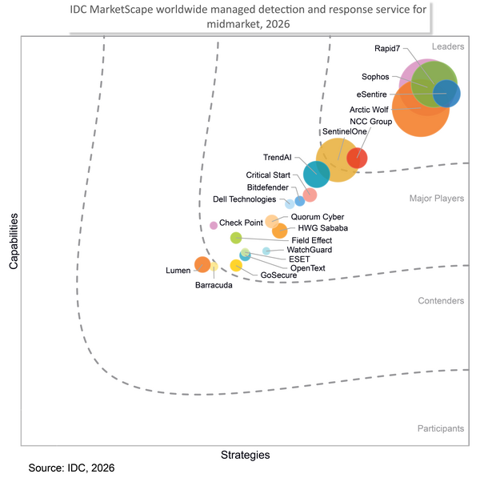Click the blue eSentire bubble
(446, 94)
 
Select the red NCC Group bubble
(357, 158)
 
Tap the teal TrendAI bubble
(317, 174)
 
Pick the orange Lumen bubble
(202, 264)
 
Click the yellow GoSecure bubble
(236, 266)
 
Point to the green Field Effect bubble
(236, 238)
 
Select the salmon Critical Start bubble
(310, 195)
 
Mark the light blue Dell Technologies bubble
(290, 203)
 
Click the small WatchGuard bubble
(266, 251)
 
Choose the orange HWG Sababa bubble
(280, 231)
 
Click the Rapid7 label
(387, 48)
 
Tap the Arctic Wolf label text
(369, 110)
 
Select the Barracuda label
(214, 285)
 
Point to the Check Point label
(241, 223)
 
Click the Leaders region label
(448, 46)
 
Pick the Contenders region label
(441, 301)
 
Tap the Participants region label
(441, 428)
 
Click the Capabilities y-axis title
(14, 242)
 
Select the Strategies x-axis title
(246, 455)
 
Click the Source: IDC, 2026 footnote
(71, 468)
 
